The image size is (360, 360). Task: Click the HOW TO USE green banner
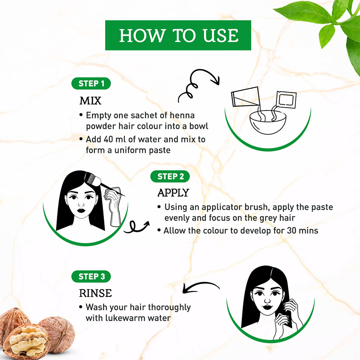(x=178, y=35)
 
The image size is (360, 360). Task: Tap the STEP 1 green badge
(x=91, y=84)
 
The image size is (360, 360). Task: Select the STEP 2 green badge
(x=170, y=176)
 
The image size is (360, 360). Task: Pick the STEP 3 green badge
(x=91, y=276)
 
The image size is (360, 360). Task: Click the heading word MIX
(x=90, y=101)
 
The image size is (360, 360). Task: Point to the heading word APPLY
(x=174, y=193)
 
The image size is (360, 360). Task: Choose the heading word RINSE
(x=95, y=293)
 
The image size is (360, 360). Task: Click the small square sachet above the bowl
(x=286, y=99)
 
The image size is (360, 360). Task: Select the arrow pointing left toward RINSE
(x=201, y=287)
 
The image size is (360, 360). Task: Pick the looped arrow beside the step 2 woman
(x=136, y=227)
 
